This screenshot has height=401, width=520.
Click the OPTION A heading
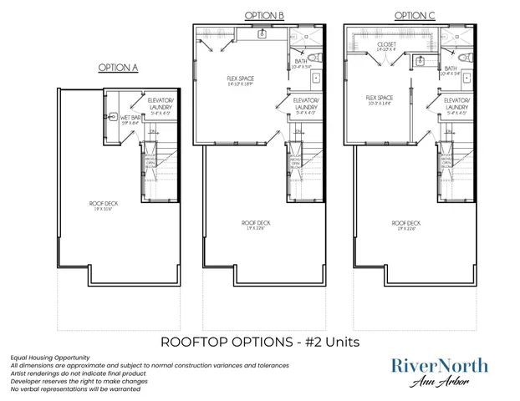119,68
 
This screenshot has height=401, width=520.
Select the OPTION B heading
265,15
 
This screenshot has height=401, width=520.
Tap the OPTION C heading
414,15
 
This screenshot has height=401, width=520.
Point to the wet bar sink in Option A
113,117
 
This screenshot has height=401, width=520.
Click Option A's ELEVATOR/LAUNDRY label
160,104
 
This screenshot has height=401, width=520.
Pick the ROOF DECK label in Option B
255,224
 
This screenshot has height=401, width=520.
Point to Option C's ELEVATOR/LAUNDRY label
456,104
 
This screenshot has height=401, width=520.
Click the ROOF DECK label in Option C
407,224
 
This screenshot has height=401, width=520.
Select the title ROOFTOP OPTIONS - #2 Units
259,343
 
